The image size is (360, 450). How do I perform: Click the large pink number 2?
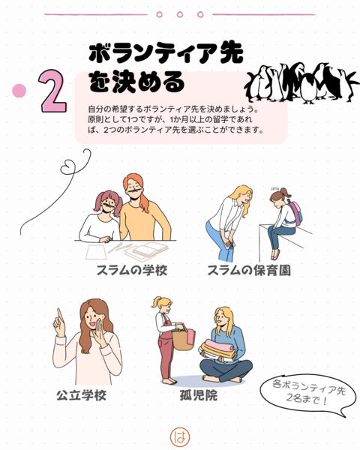53,91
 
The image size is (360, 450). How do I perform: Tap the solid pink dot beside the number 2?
19,91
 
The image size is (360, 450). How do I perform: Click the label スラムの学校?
132,270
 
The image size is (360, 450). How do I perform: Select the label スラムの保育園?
249,270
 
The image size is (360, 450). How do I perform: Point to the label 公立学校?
81,395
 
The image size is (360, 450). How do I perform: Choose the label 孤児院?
198,395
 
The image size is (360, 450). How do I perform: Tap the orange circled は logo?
180,437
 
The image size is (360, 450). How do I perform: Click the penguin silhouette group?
301,83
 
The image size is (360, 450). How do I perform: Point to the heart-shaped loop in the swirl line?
68,167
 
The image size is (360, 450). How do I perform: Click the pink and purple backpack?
295,211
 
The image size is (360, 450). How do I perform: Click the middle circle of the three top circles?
180,14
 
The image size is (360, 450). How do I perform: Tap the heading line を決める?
136,82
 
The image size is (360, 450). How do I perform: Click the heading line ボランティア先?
166,53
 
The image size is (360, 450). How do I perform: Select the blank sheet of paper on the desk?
96,252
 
